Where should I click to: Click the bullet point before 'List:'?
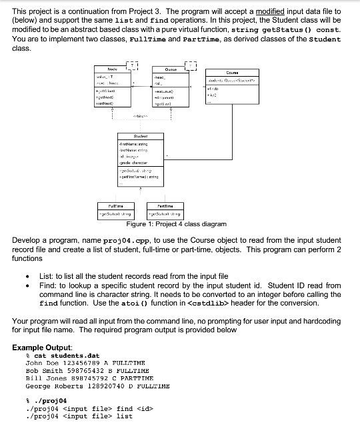point(26,276)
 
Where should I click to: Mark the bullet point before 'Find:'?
point(26,286)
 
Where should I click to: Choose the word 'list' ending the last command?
point(124,416)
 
